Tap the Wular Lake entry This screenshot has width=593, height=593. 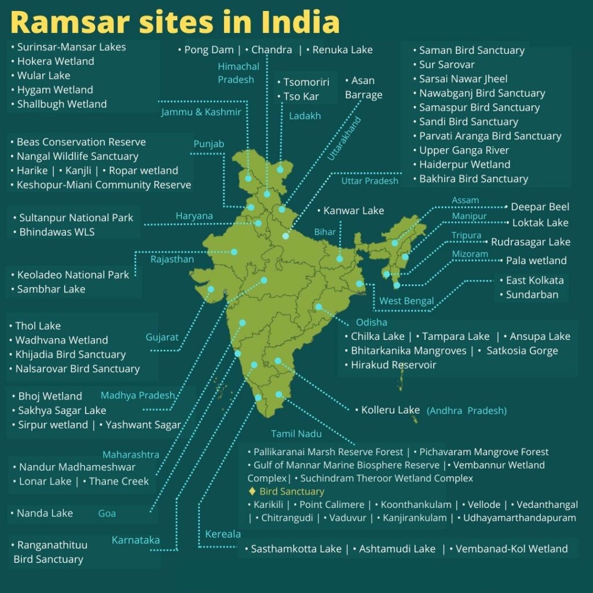[x=43, y=75]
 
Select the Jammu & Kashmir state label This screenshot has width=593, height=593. [x=201, y=112]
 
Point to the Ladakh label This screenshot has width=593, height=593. [x=305, y=116]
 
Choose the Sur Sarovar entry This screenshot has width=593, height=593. [x=446, y=64]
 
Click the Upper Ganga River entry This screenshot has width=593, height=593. [x=464, y=150]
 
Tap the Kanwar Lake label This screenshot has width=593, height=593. [x=353, y=210]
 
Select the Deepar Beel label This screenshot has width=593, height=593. [x=540, y=207]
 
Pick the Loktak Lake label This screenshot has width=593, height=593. [x=540, y=222]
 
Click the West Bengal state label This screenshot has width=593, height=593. [x=407, y=301]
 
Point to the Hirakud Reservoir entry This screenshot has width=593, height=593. [x=393, y=365]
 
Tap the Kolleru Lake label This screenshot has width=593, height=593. [x=390, y=410]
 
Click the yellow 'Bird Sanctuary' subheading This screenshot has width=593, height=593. [x=291, y=492]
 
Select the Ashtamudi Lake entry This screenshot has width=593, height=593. [x=397, y=548]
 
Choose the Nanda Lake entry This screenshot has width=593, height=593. [x=45, y=513]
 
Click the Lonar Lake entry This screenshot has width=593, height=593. [x=45, y=481]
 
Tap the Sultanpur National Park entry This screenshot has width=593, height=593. [x=76, y=218]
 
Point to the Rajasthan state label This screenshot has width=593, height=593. [x=172, y=259]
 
